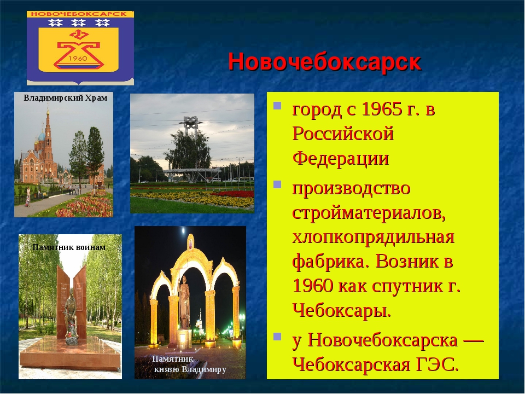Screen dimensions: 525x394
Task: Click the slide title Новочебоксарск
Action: [324, 62]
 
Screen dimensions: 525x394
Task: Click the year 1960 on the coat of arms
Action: [78, 59]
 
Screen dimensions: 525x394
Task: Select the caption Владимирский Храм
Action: [66, 98]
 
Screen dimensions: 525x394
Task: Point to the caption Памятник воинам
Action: [69, 247]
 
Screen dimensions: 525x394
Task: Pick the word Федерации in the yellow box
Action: [341, 158]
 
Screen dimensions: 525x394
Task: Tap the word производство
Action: [351, 188]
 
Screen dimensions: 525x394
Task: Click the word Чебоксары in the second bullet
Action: [341, 311]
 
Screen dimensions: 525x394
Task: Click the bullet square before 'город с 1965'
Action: [277, 106]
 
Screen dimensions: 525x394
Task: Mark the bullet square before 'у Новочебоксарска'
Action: [277, 336]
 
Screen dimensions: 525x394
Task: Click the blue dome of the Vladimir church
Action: [42, 136]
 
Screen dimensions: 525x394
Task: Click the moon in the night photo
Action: [183, 231]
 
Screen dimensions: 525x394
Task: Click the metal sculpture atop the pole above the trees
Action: [190, 123]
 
